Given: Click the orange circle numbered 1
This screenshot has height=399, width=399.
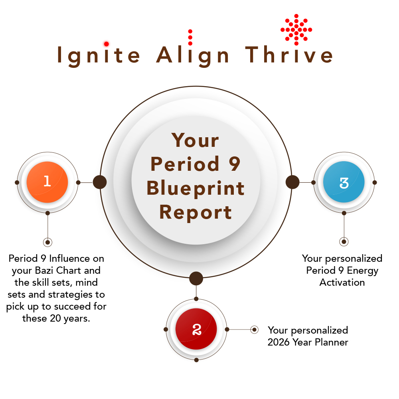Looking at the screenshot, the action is click(x=47, y=182).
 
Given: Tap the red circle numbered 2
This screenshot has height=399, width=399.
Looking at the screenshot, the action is click(x=196, y=329).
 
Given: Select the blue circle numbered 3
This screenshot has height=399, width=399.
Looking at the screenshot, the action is click(x=344, y=182).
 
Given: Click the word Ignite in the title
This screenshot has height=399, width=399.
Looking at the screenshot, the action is click(x=99, y=55).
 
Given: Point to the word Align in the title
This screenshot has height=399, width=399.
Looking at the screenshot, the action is click(x=193, y=55).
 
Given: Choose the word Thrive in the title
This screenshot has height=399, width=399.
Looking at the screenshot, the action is click(x=289, y=54).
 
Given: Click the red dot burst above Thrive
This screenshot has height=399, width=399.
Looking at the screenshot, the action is click(x=296, y=30).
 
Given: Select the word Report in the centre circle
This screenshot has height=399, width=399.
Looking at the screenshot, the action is click(x=196, y=213).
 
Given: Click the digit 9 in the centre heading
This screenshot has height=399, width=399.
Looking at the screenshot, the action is click(x=234, y=164).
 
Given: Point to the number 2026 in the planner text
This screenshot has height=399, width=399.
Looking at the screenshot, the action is click(x=279, y=342).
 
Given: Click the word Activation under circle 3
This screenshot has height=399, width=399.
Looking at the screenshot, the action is click(x=342, y=282).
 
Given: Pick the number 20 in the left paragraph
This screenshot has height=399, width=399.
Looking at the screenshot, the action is click(x=55, y=318).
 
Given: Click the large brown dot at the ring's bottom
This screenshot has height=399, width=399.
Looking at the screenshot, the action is click(x=196, y=279).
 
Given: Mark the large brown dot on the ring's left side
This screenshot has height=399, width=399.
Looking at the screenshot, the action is click(x=100, y=182).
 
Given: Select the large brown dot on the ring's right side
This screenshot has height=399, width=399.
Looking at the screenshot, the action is click(x=292, y=182).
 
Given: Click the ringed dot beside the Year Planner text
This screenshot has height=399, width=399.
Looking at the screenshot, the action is click(x=254, y=330).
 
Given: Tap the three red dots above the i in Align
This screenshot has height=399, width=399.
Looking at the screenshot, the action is click(x=190, y=38).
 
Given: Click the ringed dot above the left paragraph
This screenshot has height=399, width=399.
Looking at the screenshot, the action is click(x=47, y=242).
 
